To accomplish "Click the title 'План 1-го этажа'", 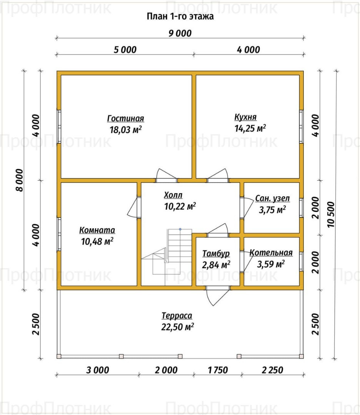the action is click(180, 17).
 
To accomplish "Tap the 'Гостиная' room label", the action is click(125, 118).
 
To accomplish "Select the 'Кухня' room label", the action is click(245, 117).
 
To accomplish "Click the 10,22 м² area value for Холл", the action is click(180, 206).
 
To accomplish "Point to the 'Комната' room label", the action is click(97, 230).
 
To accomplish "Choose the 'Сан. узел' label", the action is click(272, 199).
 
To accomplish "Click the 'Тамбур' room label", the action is click(216, 254).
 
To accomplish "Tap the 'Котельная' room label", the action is click(271, 253).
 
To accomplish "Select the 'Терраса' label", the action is click(177, 315).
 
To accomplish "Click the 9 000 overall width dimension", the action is click(180, 33).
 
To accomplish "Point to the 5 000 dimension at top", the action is click(125, 50).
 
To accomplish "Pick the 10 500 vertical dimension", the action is click(331, 215).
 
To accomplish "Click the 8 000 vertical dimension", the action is click(19, 180).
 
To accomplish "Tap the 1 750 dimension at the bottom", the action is click(218, 370).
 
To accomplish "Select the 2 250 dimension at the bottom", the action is click(272, 370).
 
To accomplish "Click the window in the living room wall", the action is click(59, 126).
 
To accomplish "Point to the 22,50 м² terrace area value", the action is click(177, 327).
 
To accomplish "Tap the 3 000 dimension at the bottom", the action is click(97, 370).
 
